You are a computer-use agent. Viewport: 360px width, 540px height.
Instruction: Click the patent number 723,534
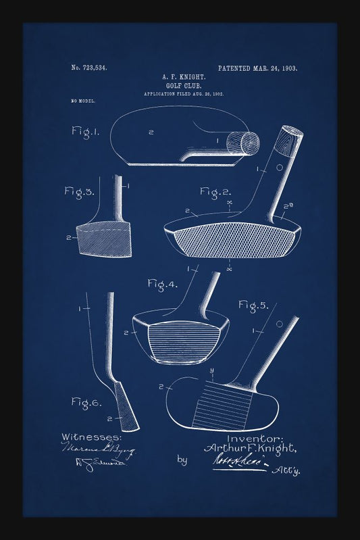pos(89,68)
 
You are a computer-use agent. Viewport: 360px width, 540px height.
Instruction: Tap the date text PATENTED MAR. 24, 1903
pos(257,68)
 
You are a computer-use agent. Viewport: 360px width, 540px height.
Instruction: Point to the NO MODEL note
pos(83,101)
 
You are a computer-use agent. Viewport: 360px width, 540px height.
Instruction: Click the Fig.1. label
pos(86,131)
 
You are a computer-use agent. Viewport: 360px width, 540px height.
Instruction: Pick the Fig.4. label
pos(163,284)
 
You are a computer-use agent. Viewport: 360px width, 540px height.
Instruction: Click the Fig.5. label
pos(253,305)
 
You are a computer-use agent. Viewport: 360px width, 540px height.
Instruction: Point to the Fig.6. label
pos(86,403)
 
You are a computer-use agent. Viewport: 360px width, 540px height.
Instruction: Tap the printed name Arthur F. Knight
pos(249,448)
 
